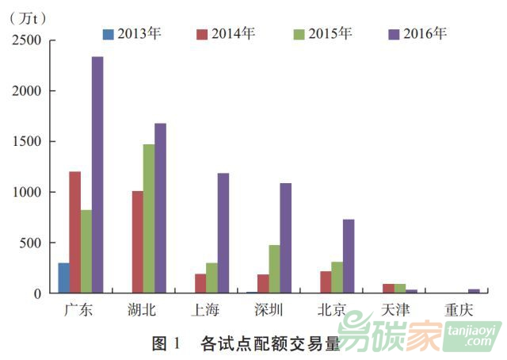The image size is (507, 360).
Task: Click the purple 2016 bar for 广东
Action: click(97, 175)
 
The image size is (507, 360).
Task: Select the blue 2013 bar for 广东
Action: click(63, 278)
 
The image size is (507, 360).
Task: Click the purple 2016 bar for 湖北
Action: click(160, 209)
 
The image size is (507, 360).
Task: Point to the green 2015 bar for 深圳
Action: click(274, 269)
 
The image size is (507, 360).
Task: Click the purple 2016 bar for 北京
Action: click(349, 256)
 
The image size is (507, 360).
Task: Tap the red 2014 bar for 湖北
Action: click(137, 242)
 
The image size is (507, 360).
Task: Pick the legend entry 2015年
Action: click(322, 33)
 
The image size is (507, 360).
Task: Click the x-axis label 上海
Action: click(211, 310)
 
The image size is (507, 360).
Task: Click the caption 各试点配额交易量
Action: click(270, 344)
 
